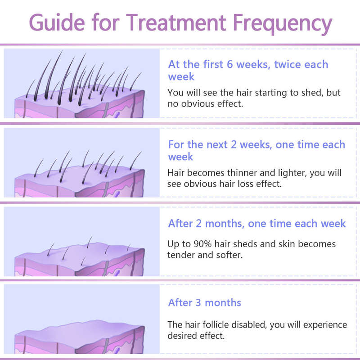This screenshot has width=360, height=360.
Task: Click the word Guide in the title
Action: (x=57, y=22)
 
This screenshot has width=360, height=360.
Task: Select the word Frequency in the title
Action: (x=283, y=24)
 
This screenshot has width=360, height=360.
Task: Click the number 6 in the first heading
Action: (x=230, y=64)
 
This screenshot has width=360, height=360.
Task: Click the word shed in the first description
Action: (x=309, y=93)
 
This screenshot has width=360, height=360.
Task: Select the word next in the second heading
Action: (x=217, y=144)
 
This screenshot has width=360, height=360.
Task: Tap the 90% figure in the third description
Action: (x=203, y=244)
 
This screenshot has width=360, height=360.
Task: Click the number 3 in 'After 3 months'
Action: (x=198, y=302)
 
